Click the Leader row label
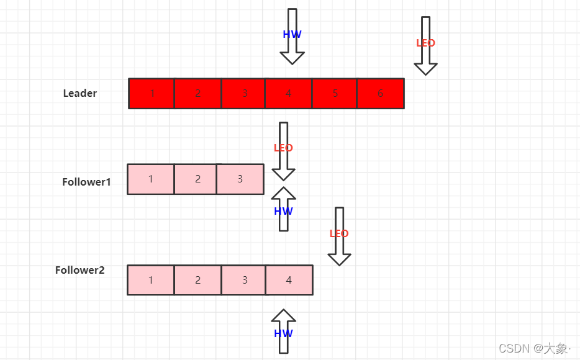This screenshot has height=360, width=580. (80, 93)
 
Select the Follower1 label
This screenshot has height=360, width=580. (86, 182)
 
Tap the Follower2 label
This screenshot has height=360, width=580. (79, 270)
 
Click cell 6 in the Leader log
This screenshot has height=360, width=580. (380, 93)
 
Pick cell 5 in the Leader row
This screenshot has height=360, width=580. (335, 93)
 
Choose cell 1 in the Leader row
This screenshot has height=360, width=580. (152, 93)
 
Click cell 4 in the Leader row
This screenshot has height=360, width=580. (288, 93)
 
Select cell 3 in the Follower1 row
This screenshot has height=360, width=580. (240, 179)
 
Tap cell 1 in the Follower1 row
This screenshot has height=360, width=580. (151, 179)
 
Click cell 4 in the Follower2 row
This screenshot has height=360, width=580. (289, 280)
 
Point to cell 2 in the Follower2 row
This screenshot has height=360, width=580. (197, 280)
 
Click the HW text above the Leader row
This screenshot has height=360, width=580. (292, 35)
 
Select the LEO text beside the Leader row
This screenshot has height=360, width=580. (425, 43)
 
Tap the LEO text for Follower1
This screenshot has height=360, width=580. (283, 148)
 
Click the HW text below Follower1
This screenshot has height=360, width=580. (283, 211)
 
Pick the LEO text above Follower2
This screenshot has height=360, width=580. (339, 233)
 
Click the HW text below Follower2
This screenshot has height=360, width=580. (283, 333)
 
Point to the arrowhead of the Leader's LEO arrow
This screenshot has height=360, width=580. (425, 68)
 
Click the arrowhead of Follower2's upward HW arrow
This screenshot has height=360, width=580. (283, 316)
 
